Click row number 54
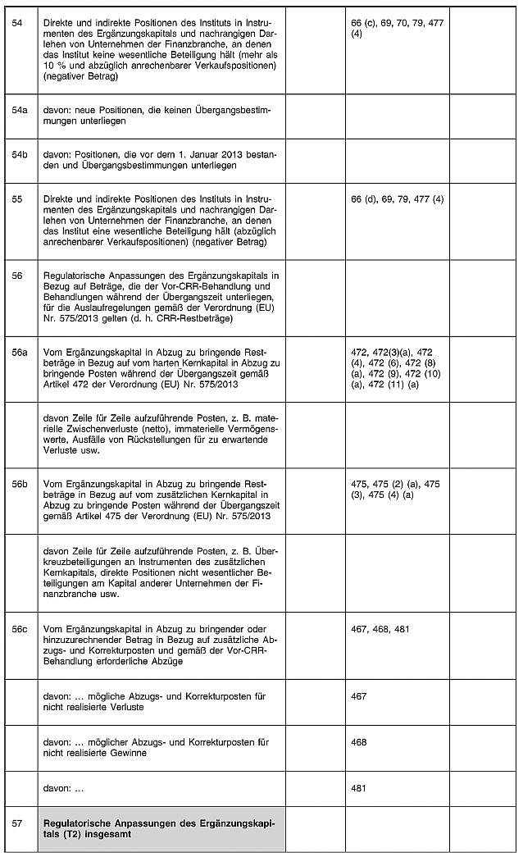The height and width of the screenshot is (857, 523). [17, 24]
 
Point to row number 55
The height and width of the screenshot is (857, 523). [17, 199]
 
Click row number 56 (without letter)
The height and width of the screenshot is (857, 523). [17, 276]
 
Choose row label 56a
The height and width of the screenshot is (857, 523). [19, 352]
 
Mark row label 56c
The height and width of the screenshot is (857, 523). [19, 629]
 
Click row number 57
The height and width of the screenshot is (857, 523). [17, 822]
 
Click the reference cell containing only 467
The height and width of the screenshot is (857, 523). [358, 696]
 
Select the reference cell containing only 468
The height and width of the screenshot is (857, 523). [358, 742]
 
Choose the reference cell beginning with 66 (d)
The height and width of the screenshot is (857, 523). [397, 199]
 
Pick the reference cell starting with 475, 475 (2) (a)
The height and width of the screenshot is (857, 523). [395, 490]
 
